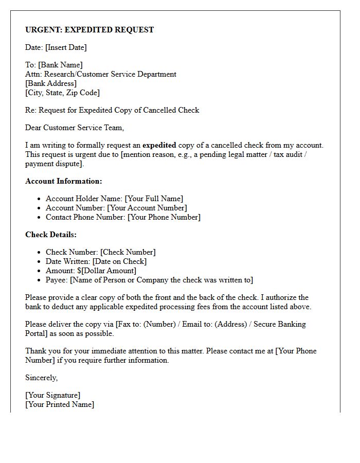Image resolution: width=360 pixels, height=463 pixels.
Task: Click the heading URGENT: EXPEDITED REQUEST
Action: point(89,30)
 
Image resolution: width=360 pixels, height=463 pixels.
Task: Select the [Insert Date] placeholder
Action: point(66,47)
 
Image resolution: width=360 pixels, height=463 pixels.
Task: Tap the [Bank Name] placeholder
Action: point(60,65)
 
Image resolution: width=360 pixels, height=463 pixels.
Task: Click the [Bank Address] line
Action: point(51,83)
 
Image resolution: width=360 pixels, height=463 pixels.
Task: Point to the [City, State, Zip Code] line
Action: point(62,93)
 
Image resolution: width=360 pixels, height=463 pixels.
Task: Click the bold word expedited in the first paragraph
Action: point(159,145)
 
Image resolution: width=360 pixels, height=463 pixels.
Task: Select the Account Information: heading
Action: point(64,181)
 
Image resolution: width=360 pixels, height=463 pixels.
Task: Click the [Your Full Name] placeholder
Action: point(154,199)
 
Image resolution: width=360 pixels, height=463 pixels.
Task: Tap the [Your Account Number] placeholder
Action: point(147,208)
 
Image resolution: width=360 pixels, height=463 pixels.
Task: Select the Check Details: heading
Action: point(51,235)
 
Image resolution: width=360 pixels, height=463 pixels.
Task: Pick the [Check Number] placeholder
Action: point(128,252)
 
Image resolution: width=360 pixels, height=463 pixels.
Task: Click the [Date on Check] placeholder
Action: point(119,261)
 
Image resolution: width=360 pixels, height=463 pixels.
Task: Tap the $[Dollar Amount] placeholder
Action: point(106,271)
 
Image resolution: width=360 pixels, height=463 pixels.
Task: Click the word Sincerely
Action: point(42,378)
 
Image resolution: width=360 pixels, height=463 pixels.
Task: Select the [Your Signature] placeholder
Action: point(53,395)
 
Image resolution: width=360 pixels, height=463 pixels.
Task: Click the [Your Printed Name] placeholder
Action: point(60,404)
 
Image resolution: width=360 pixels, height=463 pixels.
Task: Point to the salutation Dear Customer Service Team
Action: point(75,128)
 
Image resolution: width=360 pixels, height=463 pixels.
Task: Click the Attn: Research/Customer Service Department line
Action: point(101,74)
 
